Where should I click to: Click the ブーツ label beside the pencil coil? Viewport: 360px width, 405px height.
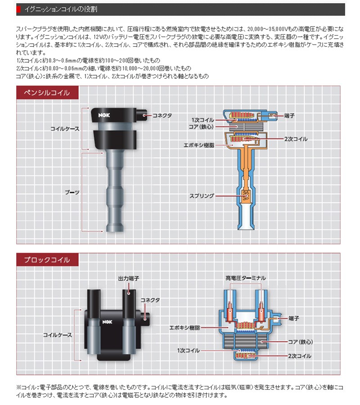coord(72,192)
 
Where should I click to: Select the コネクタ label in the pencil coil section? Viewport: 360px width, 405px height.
coord(162,116)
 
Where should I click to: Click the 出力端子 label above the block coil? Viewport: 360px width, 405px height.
coord(127,279)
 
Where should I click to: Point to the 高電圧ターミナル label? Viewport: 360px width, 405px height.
coord(245,278)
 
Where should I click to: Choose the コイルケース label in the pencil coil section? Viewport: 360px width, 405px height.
coord(64,129)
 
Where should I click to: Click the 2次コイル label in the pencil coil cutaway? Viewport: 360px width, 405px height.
coord(296,139)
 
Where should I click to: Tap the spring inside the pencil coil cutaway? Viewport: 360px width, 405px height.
coord(245,196)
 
